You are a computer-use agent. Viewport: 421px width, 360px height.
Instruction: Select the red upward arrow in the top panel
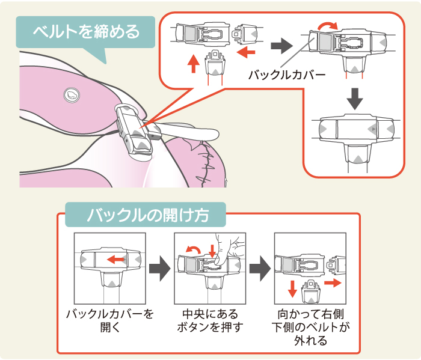(x=193, y=63)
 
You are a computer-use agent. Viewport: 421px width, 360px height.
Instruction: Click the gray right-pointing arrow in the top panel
(x=280, y=44)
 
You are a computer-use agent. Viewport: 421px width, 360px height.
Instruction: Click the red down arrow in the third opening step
(x=292, y=288)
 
